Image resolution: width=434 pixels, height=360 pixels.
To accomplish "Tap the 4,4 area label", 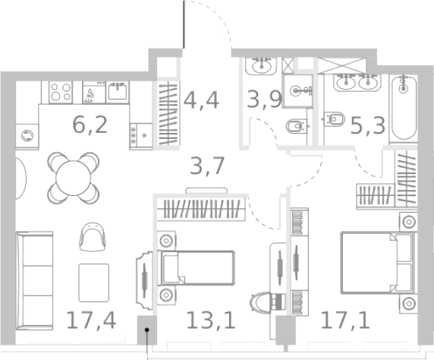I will coord(201,99).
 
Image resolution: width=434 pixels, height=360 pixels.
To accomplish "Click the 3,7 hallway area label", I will coord(206,165).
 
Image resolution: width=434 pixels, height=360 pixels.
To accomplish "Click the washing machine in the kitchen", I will coord(28,136).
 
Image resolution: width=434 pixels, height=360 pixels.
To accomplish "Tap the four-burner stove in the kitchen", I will coord(60,92).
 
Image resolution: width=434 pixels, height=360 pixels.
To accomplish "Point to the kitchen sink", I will coord(118,92).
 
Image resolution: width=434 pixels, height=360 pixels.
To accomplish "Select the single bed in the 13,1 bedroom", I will coord(202,268).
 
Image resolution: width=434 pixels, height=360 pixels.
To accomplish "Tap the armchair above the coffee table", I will coord(91,236).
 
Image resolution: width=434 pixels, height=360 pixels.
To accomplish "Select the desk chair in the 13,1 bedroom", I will coord(266,302).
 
